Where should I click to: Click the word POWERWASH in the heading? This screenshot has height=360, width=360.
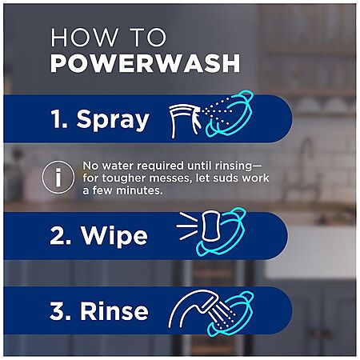(146, 63)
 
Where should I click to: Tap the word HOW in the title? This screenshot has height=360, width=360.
(84, 38)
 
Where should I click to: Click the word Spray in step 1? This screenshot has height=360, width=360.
(113, 120)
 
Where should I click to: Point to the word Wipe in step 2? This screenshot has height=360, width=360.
(114, 235)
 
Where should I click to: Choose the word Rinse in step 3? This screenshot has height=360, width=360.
(114, 310)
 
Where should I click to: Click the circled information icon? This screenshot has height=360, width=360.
(58, 177)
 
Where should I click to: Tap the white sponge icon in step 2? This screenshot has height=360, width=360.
(210, 226)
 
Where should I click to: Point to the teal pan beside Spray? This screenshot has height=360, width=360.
(229, 114)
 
